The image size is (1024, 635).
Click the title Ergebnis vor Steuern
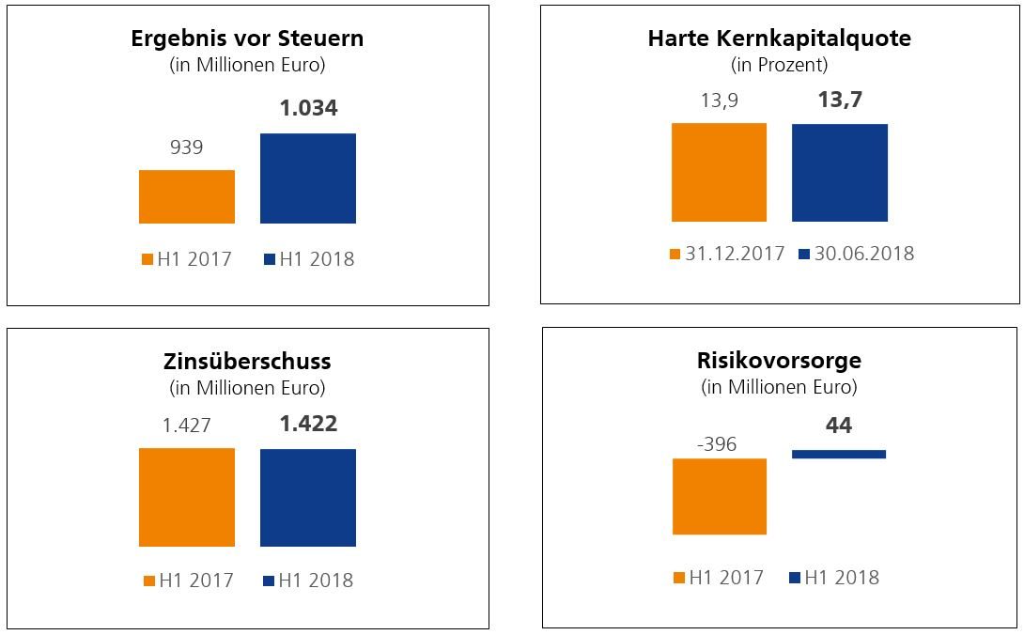point(247,39)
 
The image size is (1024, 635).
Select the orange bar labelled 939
point(186,196)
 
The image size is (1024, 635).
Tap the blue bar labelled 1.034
point(308,178)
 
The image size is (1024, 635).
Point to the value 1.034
point(308,108)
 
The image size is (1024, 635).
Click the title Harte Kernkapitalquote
point(779,39)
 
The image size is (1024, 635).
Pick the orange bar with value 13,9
point(719,172)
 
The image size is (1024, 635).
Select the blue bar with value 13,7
point(839,172)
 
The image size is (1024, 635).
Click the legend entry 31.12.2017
point(727,254)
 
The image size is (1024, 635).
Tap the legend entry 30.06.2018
point(856,254)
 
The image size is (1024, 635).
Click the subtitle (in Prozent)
point(779,65)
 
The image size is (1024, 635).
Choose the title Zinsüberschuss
point(247,362)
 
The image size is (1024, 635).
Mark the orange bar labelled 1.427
point(186,497)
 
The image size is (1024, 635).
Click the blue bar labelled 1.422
point(308,497)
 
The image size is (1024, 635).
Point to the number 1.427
point(186,426)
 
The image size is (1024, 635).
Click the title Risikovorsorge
point(779,361)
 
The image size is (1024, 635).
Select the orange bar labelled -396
point(720,496)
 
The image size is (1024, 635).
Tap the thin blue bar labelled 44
point(839,454)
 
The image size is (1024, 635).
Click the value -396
point(718,444)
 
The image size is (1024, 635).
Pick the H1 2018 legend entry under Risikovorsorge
point(834,578)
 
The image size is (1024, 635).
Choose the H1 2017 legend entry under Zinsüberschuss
point(188,581)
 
